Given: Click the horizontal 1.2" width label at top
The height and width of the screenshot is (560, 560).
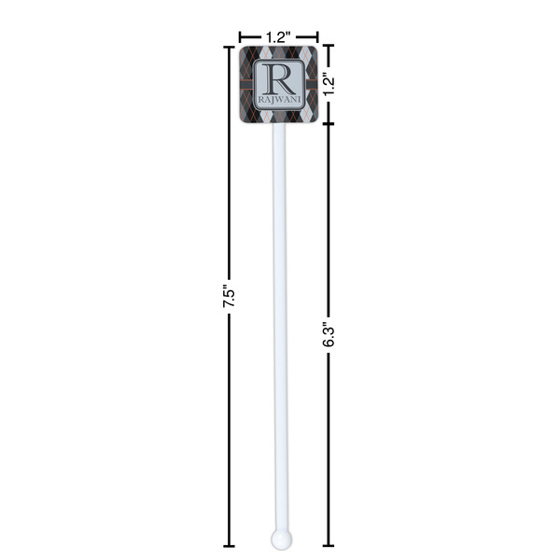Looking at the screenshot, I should coord(278,35).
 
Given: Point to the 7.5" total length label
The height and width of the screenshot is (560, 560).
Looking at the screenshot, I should coord(230,297).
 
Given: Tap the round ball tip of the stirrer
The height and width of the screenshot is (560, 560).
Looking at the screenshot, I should coord(279,539).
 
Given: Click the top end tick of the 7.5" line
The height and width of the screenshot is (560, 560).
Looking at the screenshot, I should coord(230,46).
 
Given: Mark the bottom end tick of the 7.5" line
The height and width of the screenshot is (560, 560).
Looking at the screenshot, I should coord(230,546).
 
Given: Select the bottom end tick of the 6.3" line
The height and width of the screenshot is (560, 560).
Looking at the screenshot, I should coord(329,546).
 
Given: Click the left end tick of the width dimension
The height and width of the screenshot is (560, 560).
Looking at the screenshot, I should coord(240,35).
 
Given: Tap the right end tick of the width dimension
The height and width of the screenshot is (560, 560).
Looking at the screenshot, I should coord(317,35).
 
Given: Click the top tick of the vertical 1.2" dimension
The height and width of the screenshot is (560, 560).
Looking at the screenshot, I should coord(329,46).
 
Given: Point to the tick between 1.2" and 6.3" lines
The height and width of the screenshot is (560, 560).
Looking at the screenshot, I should coord(329,123).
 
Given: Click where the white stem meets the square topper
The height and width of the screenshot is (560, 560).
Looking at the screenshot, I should coord(279,125).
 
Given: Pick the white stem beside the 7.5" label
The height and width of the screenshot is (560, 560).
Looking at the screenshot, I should coord(279,297).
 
